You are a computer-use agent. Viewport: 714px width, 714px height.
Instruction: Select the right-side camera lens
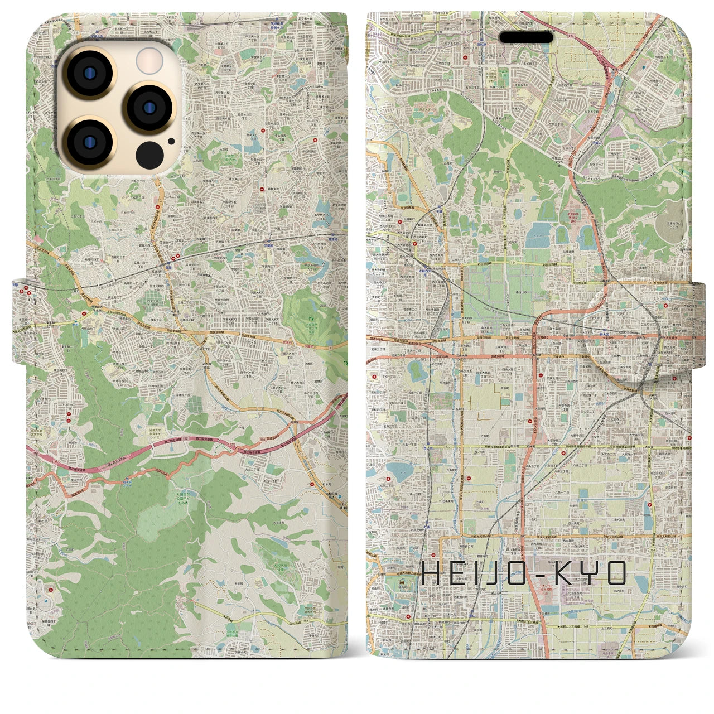pyautogui.click(x=149, y=107)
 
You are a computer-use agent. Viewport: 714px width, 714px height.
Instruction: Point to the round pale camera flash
pyautogui.click(x=149, y=60)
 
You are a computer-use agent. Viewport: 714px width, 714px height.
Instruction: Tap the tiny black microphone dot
pyautogui.click(x=171, y=141)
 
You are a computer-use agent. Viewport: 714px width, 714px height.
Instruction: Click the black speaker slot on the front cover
pyautogui.click(x=526, y=37)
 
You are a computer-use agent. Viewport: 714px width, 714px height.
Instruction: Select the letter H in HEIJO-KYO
pyautogui.click(x=432, y=573)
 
